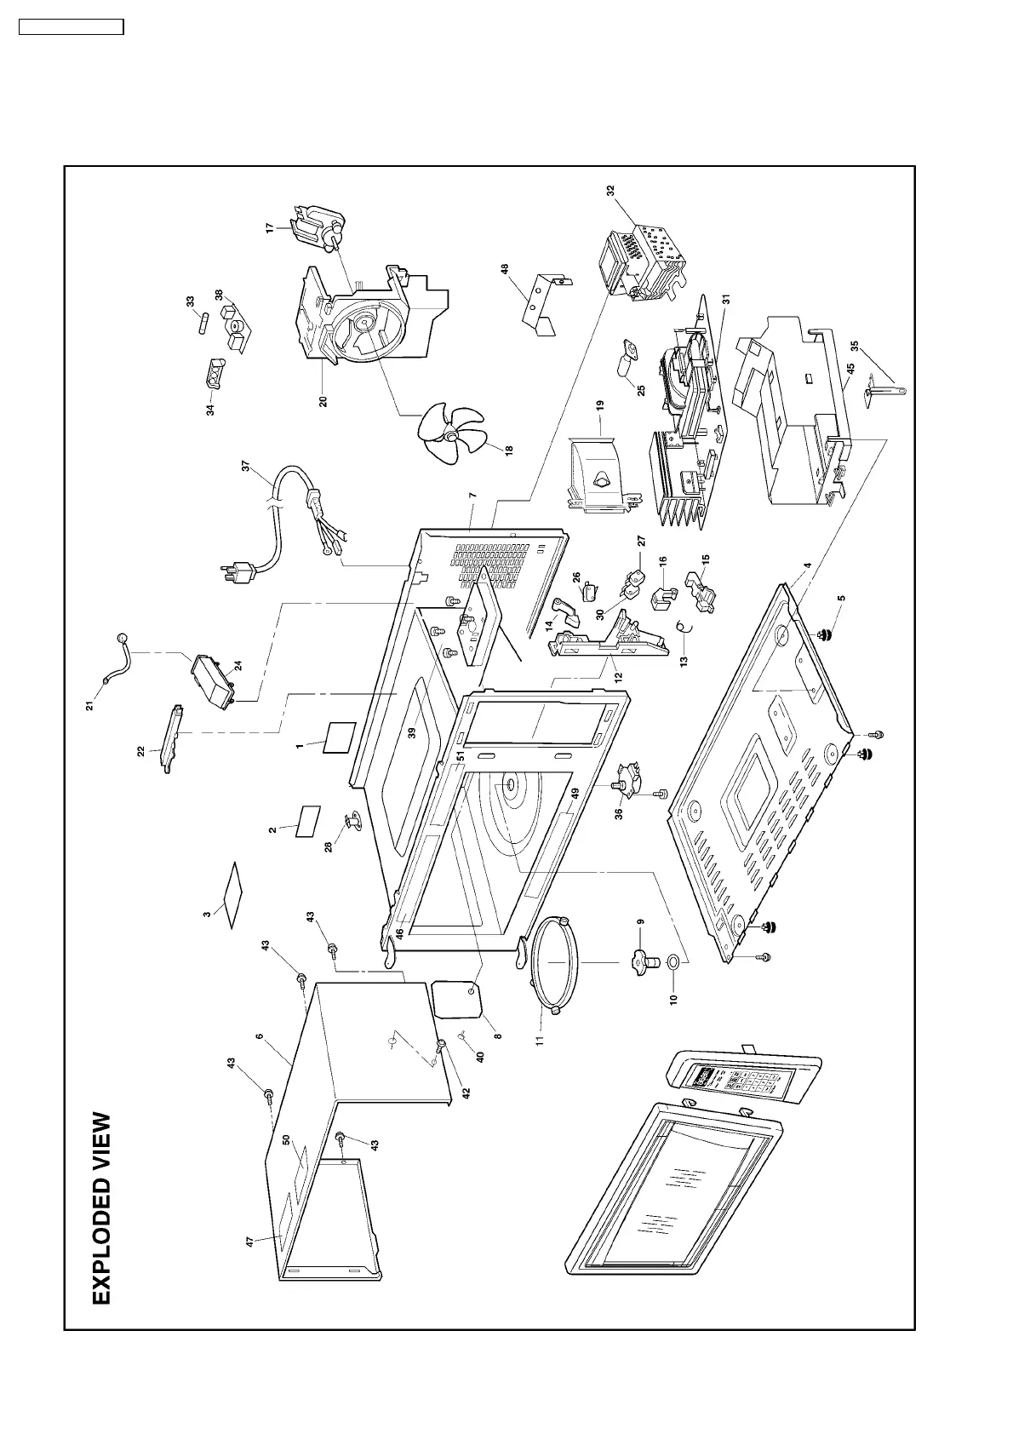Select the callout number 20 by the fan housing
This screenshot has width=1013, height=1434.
pyautogui.click(x=323, y=399)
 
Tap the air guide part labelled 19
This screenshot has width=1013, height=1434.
pyautogui.click(x=602, y=473)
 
